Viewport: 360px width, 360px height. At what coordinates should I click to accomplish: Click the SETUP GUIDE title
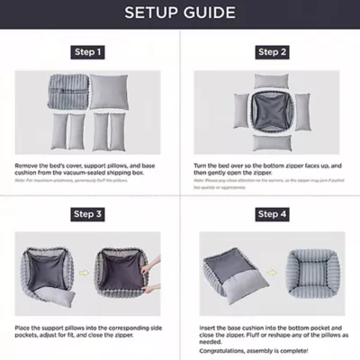pos(180,13)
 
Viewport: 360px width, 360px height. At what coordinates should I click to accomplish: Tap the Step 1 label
pos(87,53)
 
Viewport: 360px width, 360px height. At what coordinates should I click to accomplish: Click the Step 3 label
pos(87,214)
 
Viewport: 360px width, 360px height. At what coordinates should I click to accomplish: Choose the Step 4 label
pos(272,214)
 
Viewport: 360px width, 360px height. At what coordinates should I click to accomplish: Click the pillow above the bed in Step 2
pos(271,80)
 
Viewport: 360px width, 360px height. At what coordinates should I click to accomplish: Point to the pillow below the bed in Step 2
pos(271,142)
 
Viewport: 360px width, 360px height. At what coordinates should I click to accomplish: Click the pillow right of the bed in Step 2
pos(301,110)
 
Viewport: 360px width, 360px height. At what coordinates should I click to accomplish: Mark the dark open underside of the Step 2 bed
pos(271,110)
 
